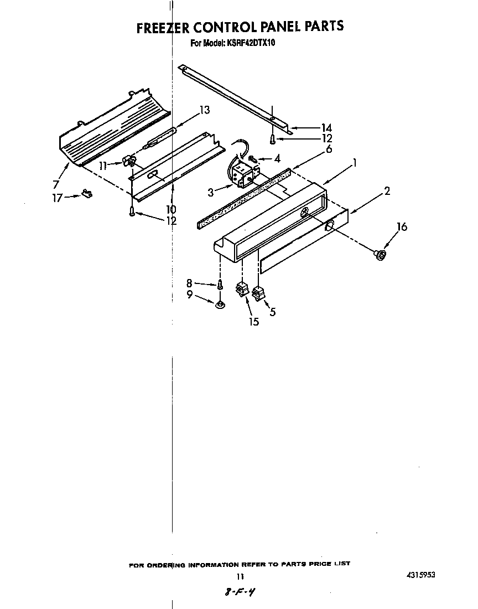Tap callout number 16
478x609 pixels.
pos(402,226)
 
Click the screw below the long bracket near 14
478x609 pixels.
pos(272,138)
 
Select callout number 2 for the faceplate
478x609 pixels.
pos(387,191)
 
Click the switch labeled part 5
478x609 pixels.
pos(258,293)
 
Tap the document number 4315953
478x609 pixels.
pos(420,576)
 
